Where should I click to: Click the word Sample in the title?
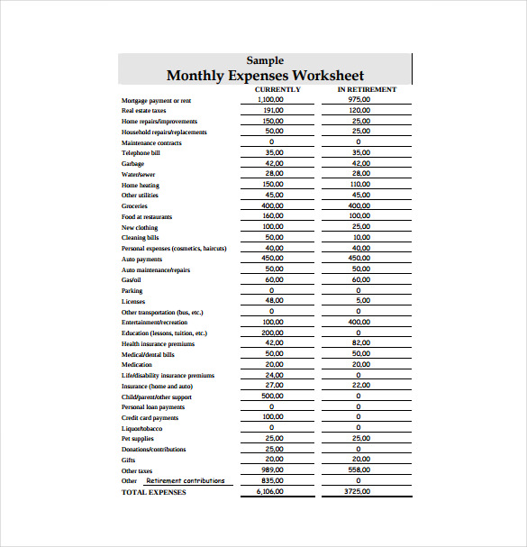265,60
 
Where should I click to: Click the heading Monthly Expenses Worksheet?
265,76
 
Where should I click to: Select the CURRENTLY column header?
277,90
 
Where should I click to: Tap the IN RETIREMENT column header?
367,90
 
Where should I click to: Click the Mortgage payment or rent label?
156,100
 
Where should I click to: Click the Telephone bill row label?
141,153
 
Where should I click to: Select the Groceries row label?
134,206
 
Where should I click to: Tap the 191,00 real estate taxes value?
272,110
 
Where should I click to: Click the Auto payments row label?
141,260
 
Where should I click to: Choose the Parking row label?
132,291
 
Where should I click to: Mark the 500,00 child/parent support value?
272,396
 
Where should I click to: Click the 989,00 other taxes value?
272,470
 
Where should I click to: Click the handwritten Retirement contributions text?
186,480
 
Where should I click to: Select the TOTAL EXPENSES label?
154,492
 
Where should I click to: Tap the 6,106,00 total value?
270,491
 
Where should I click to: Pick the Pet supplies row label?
139,439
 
